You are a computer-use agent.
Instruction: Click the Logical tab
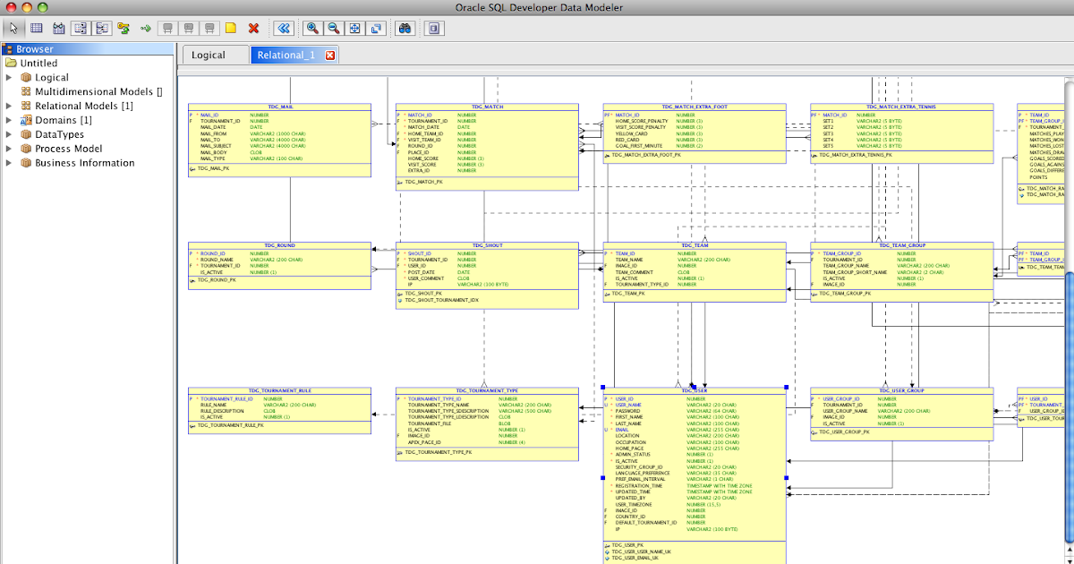tap(208, 56)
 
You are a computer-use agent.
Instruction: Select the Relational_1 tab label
tap(286, 56)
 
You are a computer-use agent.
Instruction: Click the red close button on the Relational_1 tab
tap(330, 56)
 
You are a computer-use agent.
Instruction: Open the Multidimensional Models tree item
tap(98, 91)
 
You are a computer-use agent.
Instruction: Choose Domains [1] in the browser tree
tap(63, 120)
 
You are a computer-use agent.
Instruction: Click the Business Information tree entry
tap(84, 163)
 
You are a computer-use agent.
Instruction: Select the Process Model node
tap(68, 149)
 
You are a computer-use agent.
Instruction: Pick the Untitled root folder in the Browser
tap(38, 64)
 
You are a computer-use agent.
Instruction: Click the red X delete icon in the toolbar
tap(253, 29)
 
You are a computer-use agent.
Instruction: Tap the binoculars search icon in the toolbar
tap(405, 29)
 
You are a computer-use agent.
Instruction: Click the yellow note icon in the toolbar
tap(231, 29)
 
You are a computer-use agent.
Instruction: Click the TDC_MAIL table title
tap(280, 107)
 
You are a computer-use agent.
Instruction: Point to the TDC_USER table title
tap(695, 391)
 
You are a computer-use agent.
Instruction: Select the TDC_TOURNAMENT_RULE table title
tap(280, 391)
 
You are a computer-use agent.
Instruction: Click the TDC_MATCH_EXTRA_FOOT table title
tap(695, 107)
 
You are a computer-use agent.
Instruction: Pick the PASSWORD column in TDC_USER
tap(627, 411)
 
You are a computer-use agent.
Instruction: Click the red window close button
tap(11, 7)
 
